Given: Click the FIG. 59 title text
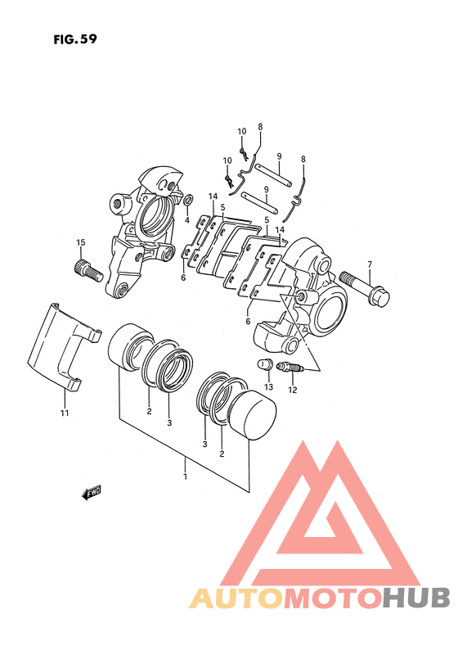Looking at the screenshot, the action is click(75, 39).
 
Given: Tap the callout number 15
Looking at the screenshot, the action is click(80, 242).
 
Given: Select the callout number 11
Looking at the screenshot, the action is click(64, 413).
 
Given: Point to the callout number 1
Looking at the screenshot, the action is click(185, 476).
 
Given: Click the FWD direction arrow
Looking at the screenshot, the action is click(92, 493).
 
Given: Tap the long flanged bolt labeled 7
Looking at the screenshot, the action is click(365, 287).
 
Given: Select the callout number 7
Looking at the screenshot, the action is click(370, 264).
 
